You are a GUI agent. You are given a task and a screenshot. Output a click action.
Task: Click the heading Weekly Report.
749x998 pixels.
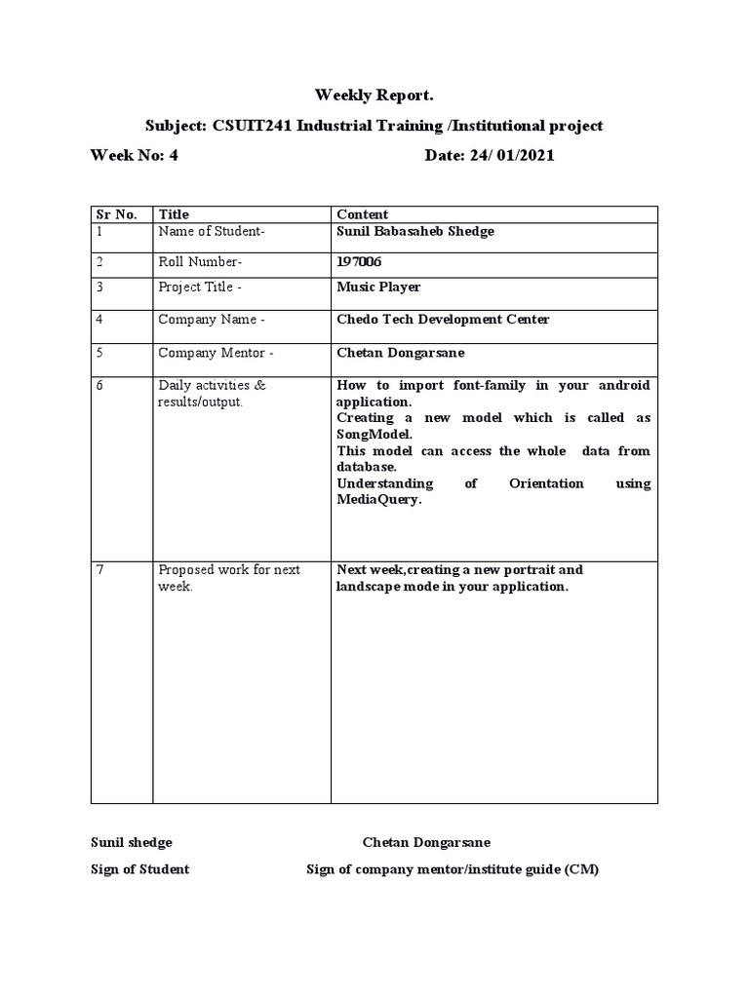pos(374,96)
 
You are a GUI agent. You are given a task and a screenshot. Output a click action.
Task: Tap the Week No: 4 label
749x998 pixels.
pos(135,155)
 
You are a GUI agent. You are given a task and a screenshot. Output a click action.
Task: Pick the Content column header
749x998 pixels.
pos(362,214)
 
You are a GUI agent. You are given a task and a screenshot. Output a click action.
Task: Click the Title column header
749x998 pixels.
pos(174,214)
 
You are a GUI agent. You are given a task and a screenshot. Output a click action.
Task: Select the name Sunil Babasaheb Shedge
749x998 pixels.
pos(415,231)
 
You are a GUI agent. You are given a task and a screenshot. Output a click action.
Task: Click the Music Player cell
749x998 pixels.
pos(378,288)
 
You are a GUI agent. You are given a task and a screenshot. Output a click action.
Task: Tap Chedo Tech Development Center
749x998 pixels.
pos(443,320)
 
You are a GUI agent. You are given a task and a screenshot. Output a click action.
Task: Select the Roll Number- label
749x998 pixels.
pos(200,261)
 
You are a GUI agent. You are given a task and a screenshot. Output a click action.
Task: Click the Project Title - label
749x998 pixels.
pos(206,288)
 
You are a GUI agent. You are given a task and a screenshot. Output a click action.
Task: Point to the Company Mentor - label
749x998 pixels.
pos(216,352)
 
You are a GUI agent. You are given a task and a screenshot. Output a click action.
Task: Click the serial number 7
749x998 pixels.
pos(100,570)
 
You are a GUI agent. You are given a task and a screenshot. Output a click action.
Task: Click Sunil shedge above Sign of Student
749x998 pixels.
pos(132,842)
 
